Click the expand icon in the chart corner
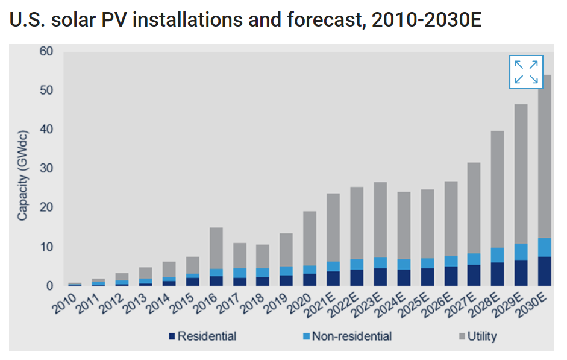[526, 72]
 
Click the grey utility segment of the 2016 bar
[216, 248]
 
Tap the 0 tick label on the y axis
[50, 286]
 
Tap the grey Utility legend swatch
[457, 336]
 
